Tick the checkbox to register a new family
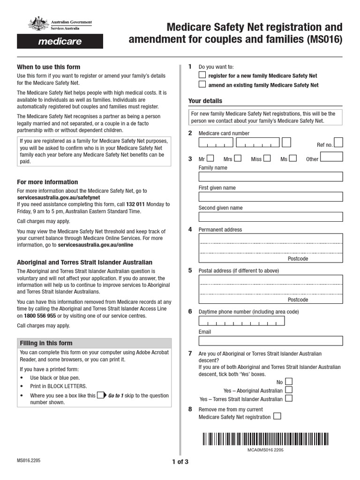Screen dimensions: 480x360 [202, 75]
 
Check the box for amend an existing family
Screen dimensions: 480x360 [202, 85]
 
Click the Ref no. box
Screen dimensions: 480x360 [338, 142]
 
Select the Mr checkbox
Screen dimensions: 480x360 [211, 158]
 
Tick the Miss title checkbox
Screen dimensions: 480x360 [267, 158]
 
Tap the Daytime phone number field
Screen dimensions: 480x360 [241, 321]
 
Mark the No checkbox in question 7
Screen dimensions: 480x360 [289, 382]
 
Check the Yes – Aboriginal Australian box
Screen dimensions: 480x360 [289, 390]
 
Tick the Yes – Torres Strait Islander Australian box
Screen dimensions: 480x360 [289, 398]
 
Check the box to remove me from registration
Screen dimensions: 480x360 [277, 416]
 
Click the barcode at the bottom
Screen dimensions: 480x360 [265, 439]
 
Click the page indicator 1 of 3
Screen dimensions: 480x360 [180, 461]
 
